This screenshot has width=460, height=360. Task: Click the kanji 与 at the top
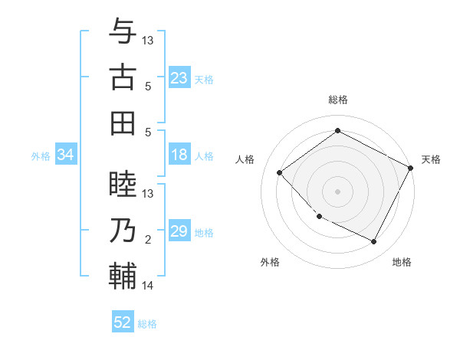123,32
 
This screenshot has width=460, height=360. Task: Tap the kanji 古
123,77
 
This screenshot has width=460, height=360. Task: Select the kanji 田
123,123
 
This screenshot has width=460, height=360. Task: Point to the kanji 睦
123,185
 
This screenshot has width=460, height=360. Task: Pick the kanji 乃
123,231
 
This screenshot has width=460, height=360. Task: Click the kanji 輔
123,277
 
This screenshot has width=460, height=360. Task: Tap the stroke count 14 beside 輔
148,286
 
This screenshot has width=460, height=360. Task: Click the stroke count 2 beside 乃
148,241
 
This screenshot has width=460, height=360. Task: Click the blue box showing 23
179,78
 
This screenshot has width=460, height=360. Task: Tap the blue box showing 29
179,232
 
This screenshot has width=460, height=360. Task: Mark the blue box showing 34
66,155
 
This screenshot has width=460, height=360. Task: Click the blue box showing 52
123,322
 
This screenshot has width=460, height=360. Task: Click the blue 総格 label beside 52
147,324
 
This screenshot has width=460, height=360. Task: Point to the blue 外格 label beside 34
41,156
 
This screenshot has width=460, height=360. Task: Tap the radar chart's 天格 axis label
431,159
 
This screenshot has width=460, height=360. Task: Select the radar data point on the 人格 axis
280,172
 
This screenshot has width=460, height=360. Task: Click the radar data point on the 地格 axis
373,242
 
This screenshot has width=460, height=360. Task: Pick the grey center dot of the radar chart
337,191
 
